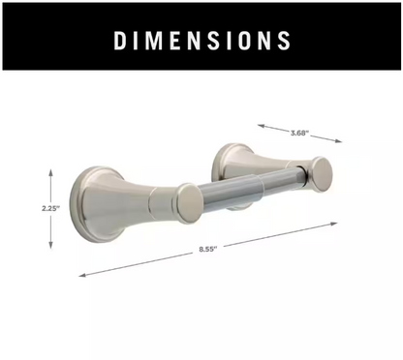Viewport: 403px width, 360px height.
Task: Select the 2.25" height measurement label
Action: tap(50, 205)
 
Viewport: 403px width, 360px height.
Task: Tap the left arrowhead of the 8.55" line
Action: tap(80, 276)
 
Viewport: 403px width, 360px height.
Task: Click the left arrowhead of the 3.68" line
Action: tap(258, 124)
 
